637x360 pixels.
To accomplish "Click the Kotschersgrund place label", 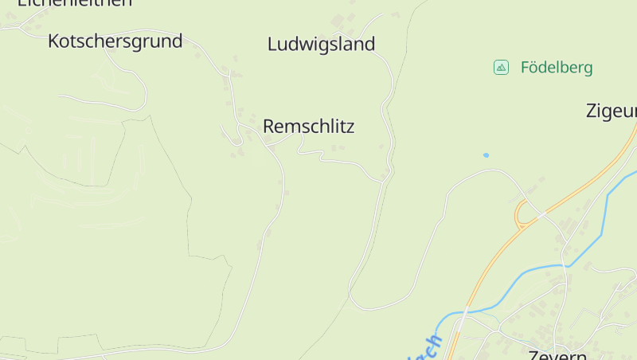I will click(115, 41).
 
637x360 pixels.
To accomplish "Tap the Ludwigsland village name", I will click(321, 44).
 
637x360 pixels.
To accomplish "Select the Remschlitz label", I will click(308, 126).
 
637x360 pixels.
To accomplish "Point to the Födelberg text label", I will click(557, 68).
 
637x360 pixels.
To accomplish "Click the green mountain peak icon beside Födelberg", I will click(501, 68).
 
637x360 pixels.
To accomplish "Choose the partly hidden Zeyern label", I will click(557, 354).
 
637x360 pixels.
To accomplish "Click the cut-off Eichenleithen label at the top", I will click(74, 3).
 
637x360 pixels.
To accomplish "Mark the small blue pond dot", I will click(486, 155).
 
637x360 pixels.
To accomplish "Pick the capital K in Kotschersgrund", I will click(54, 41).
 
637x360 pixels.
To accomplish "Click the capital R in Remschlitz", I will click(268, 126).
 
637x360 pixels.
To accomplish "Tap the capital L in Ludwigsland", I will click(272, 44).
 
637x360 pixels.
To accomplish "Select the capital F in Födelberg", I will click(526, 68).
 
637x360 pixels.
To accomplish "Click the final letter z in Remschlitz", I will click(350, 126).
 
